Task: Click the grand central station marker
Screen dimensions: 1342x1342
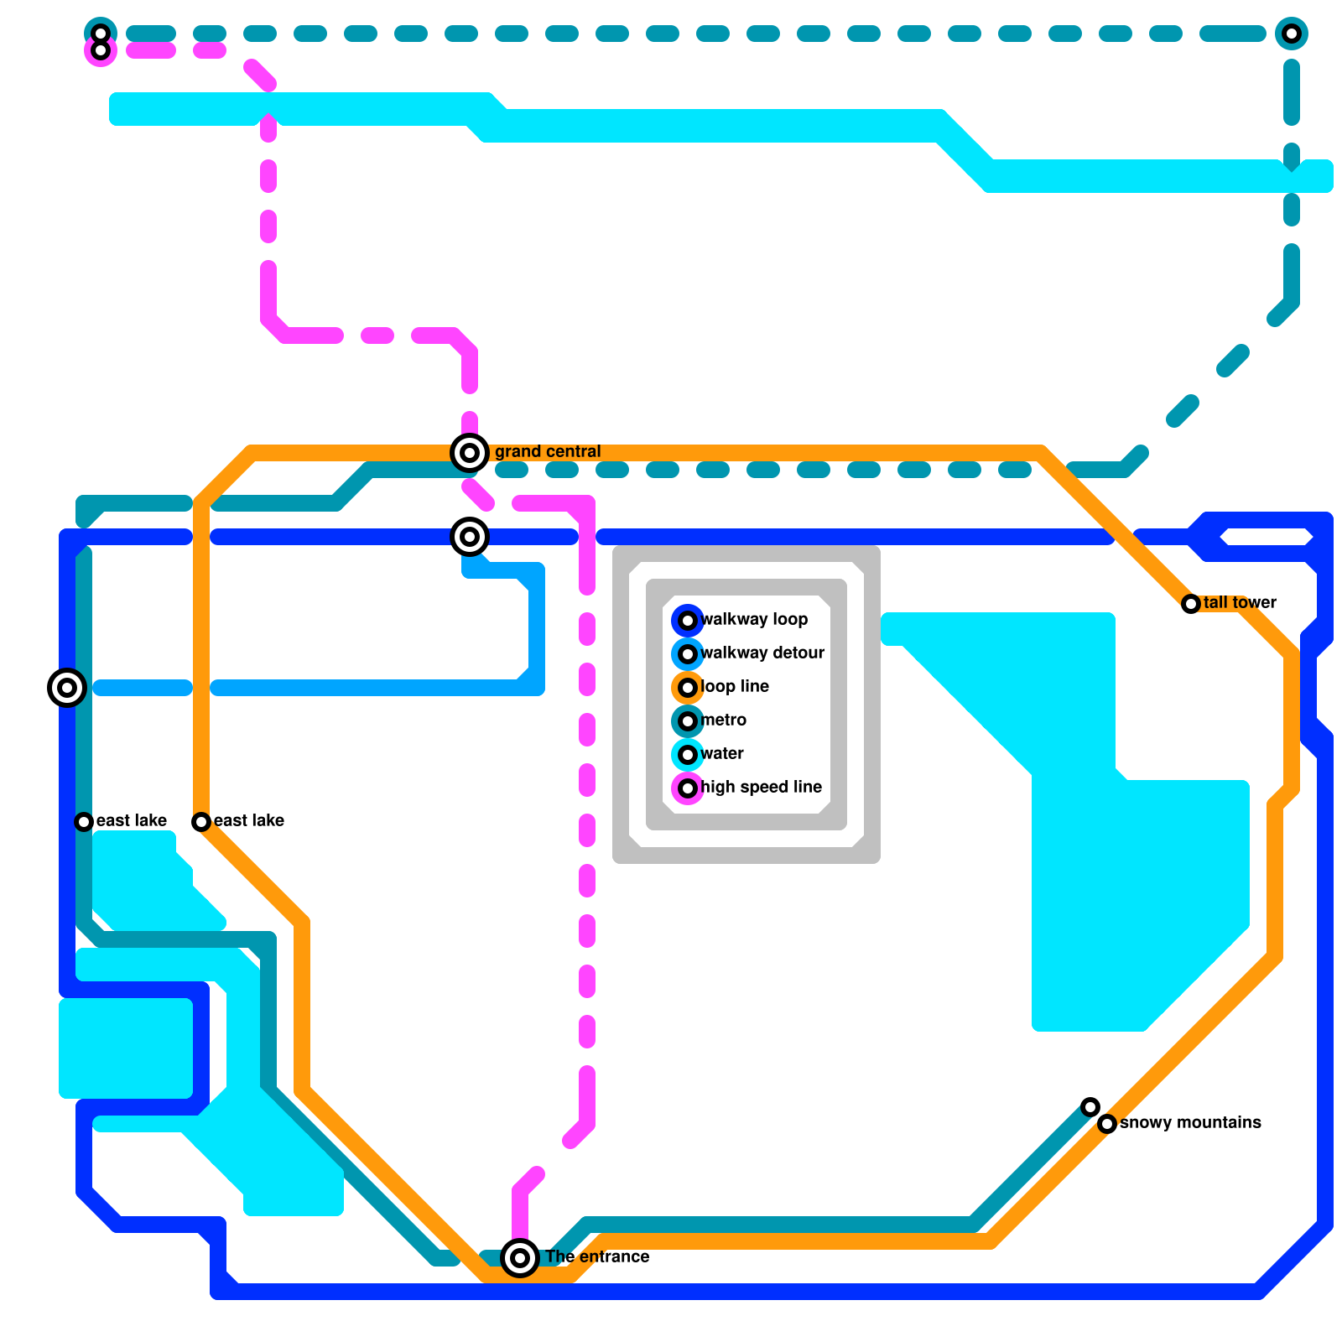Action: (470, 453)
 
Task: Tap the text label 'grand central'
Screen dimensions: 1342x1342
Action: (547, 452)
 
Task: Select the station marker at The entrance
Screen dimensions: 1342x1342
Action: (520, 1258)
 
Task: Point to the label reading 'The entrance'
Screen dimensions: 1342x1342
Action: (597, 1257)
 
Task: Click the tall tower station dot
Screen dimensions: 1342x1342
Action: (1191, 604)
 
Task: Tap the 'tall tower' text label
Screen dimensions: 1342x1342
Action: (1240, 603)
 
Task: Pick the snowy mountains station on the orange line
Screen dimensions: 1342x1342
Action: (1107, 1124)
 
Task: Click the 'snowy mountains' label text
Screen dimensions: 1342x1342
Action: (1190, 1123)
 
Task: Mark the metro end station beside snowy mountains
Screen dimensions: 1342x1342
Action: (1090, 1107)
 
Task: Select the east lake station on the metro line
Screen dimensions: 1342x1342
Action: (84, 822)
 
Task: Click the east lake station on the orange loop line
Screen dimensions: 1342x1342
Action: (201, 822)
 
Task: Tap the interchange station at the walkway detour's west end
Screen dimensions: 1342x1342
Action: (67, 688)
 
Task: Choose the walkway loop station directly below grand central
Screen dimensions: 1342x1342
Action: (470, 537)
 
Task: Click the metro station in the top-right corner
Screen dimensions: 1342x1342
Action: (1292, 34)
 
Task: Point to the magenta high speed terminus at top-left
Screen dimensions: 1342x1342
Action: (101, 51)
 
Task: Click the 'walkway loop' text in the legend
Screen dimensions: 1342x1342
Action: (754, 620)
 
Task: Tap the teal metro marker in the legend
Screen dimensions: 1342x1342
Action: (688, 721)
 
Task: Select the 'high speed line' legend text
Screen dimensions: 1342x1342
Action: (761, 788)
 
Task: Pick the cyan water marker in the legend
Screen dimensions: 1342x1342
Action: (688, 755)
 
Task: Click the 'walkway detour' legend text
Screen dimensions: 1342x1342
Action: (762, 653)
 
